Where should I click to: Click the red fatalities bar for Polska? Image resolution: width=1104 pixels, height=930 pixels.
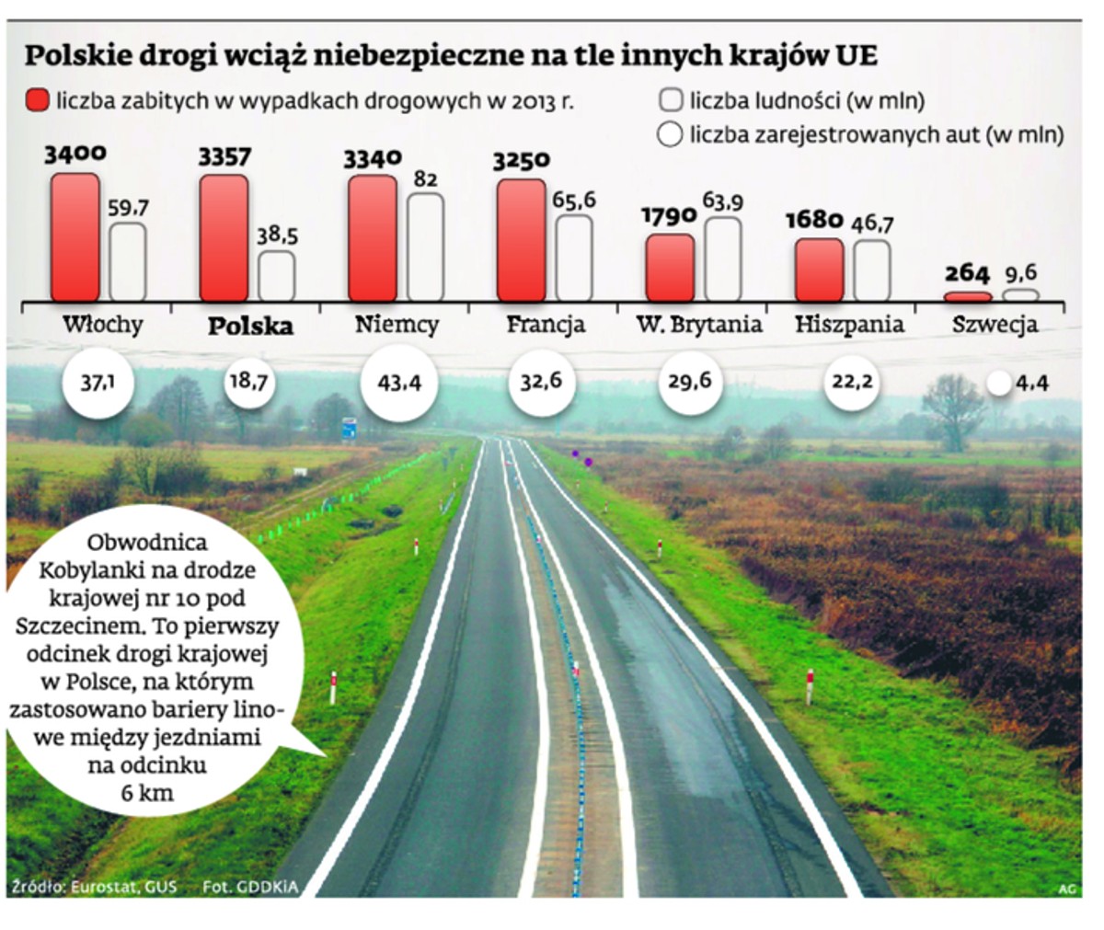point(224,238)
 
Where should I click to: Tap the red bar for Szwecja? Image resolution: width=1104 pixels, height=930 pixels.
point(969,296)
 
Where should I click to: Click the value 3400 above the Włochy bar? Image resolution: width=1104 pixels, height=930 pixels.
point(75,154)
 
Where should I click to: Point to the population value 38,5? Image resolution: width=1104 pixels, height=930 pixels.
point(276,235)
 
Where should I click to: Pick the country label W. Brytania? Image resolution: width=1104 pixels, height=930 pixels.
point(700,325)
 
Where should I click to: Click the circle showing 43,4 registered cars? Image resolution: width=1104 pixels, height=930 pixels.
point(398,382)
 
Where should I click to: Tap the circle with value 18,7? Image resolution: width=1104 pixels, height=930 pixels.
point(247,379)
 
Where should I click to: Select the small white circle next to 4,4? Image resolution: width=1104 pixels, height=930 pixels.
point(998,384)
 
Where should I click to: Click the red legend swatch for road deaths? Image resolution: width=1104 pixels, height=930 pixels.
point(38,100)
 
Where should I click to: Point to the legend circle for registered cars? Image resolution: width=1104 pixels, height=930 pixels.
point(670,134)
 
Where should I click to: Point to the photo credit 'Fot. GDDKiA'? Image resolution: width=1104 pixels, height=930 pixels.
point(237,887)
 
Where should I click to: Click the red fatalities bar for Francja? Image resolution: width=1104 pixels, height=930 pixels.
point(521,240)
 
